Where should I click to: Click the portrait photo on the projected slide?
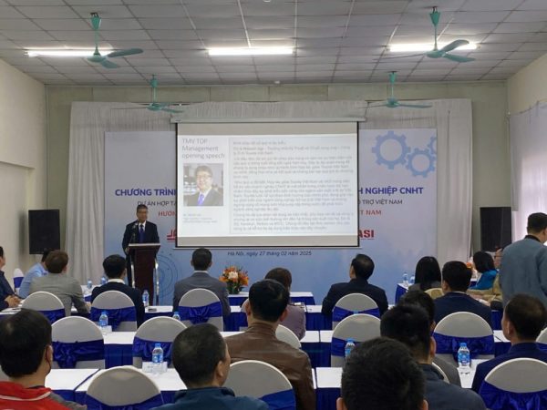point(203,185)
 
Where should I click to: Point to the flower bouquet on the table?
point(234,278)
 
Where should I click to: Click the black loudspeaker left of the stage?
point(44,231)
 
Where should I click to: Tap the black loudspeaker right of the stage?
point(495,229)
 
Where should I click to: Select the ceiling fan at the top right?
point(444,47)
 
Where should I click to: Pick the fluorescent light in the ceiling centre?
point(250,51)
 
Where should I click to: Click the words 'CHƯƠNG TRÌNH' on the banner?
point(145,193)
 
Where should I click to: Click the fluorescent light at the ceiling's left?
point(66,53)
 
